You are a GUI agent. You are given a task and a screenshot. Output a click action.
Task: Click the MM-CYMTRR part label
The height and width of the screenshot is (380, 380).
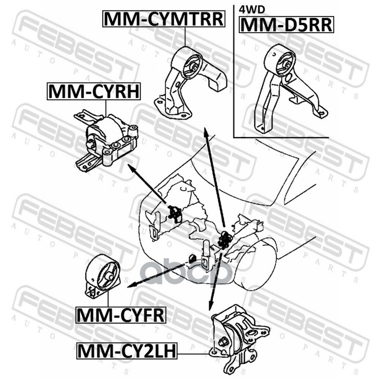click(164, 19)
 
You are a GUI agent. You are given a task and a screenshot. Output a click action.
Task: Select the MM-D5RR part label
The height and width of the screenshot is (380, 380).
click(286, 25)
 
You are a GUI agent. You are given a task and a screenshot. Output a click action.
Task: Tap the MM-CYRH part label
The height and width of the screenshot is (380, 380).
click(94, 91)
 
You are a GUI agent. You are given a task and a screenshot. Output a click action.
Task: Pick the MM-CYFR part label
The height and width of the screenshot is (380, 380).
click(121, 315)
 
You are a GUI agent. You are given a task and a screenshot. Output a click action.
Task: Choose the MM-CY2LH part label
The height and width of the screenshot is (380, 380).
click(127, 351)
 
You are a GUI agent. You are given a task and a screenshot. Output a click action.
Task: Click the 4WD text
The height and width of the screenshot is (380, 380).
click(252, 9)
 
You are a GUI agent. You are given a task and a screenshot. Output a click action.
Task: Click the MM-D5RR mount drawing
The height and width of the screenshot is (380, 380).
click(290, 88)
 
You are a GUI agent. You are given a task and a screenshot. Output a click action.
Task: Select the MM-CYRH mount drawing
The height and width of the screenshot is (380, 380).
click(106, 141)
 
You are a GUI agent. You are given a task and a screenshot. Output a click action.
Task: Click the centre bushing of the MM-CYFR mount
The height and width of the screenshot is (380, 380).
click(109, 276)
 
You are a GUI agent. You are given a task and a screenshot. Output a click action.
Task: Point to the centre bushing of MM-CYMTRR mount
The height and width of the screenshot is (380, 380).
click(194, 66)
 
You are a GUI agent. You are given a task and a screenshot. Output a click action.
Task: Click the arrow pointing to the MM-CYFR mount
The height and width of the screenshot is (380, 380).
click(157, 276)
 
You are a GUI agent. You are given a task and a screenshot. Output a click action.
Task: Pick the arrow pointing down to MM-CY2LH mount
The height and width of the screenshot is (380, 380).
click(215, 281)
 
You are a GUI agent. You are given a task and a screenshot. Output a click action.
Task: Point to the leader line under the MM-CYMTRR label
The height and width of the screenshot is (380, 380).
click(185, 37)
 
